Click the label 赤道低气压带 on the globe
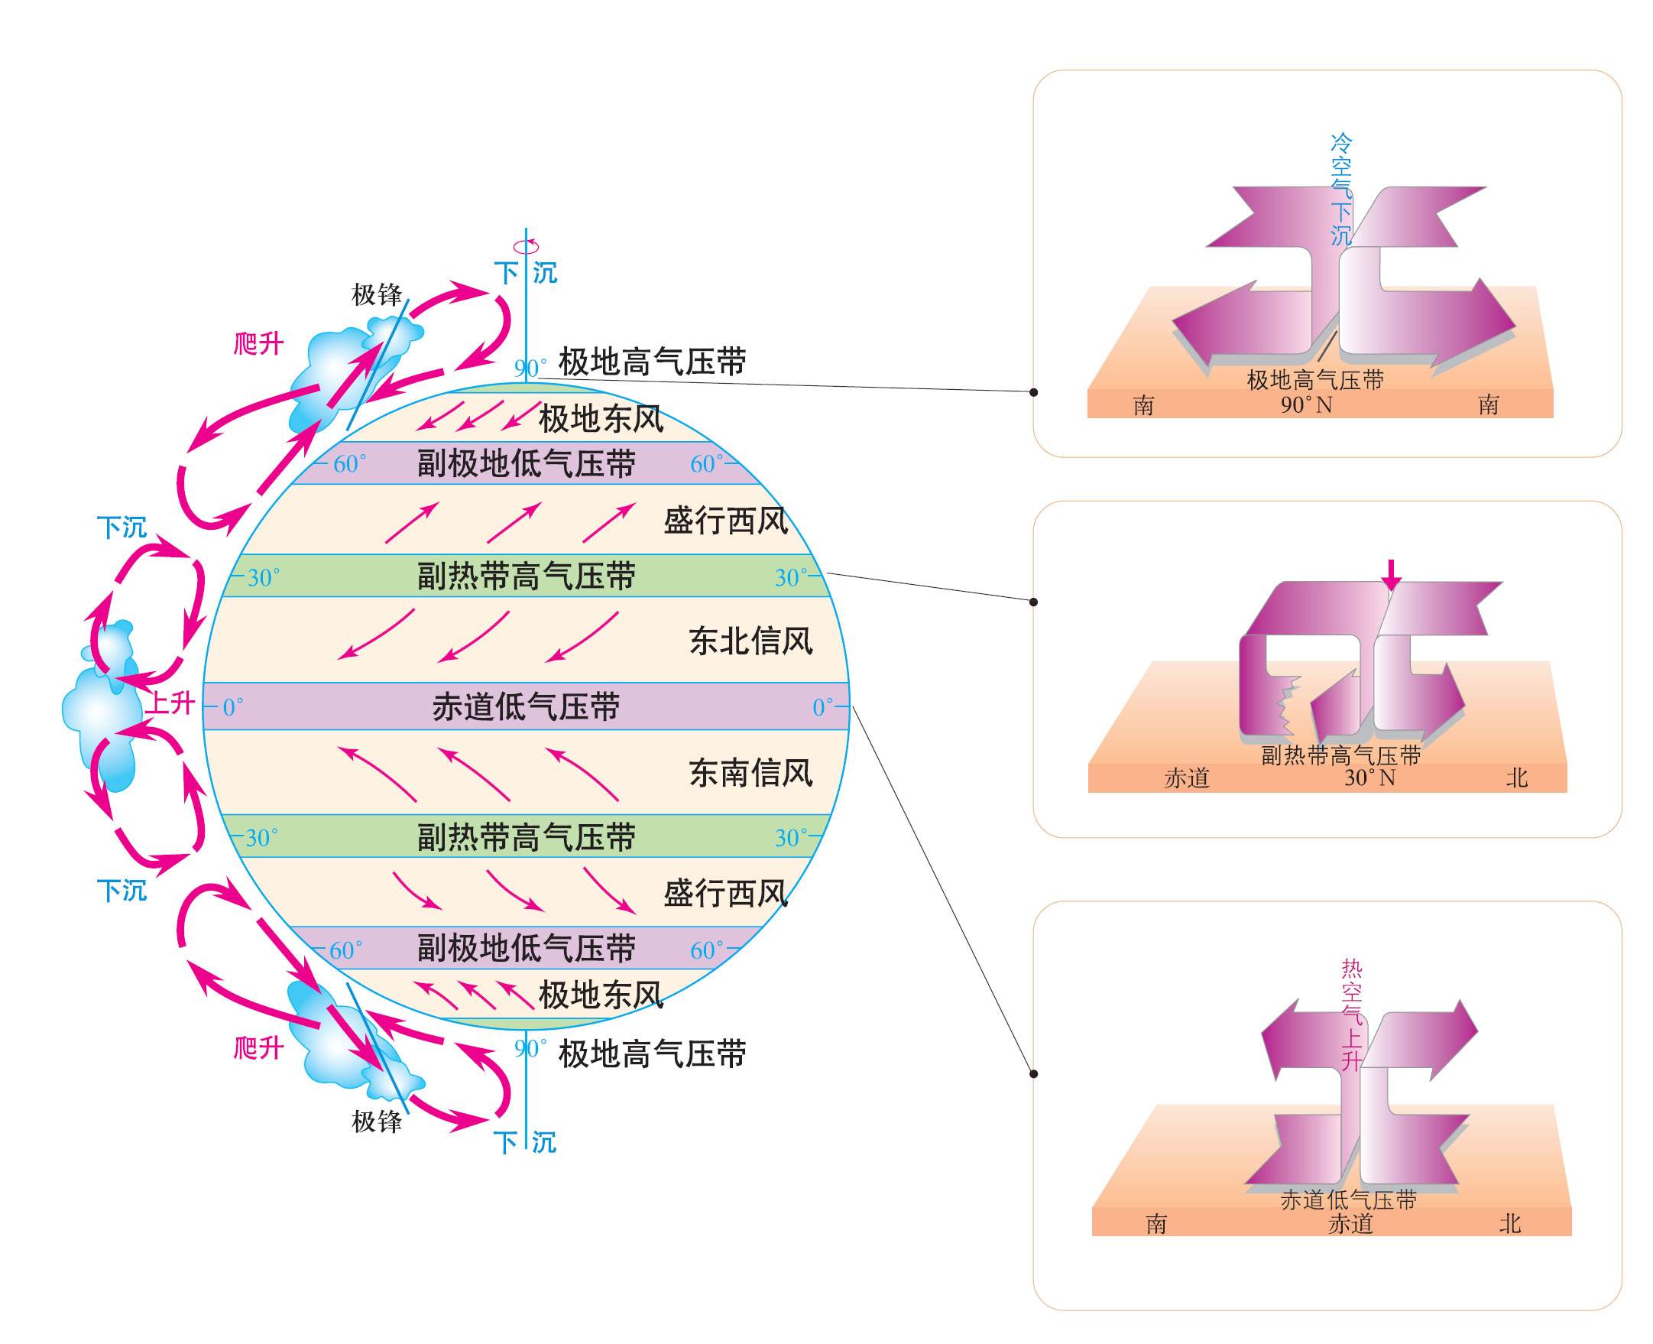click(x=526, y=707)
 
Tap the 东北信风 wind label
click(x=750, y=641)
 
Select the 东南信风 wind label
click(x=750, y=773)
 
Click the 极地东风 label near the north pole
click(x=601, y=419)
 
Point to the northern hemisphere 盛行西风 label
click(x=726, y=521)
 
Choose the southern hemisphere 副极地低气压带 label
click(x=526, y=948)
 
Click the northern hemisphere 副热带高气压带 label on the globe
click(x=526, y=576)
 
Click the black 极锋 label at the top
click(x=377, y=295)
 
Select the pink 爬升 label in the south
click(x=258, y=1048)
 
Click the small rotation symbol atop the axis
click(x=527, y=246)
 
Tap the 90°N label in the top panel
click(x=1305, y=405)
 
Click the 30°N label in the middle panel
click(x=1369, y=778)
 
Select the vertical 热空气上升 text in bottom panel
click(x=1351, y=1014)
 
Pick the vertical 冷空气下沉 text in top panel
click(x=1341, y=189)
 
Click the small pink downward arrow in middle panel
click(x=1392, y=574)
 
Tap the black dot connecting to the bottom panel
click(x=1034, y=1074)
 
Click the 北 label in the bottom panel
click(x=1510, y=1224)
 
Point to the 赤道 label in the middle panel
click(x=1186, y=778)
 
